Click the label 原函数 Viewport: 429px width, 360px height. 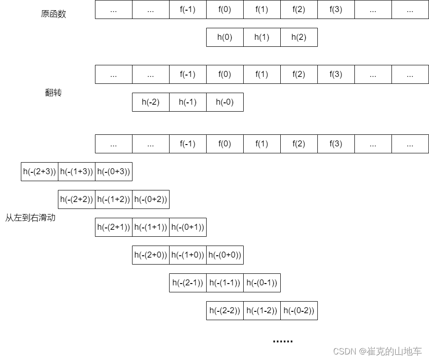point(53,14)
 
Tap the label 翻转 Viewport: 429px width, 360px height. point(53,93)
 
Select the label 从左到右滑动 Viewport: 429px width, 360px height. point(30,217)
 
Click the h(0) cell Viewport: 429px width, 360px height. point(225,37)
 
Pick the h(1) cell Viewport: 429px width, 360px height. point(262,37)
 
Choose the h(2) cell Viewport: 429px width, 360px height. point(299,37)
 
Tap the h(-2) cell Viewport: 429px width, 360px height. point(151,102)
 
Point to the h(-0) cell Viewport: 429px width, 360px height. point(225,102)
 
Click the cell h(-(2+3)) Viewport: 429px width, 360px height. point(39,171)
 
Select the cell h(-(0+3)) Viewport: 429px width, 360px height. point(114,171)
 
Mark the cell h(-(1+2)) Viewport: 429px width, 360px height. point(114,199)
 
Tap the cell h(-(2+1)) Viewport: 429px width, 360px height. point(114,227)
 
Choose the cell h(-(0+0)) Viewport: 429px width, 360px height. point(225,255)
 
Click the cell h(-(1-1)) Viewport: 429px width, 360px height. point(225,283)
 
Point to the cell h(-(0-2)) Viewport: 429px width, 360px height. point(299,310)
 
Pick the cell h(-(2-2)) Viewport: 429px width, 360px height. point(225,310)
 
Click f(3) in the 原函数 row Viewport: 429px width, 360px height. point(336,9)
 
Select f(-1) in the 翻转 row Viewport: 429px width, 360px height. point(188,74)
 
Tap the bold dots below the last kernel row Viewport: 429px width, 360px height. point(283,341)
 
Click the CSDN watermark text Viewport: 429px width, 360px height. point(378,352)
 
